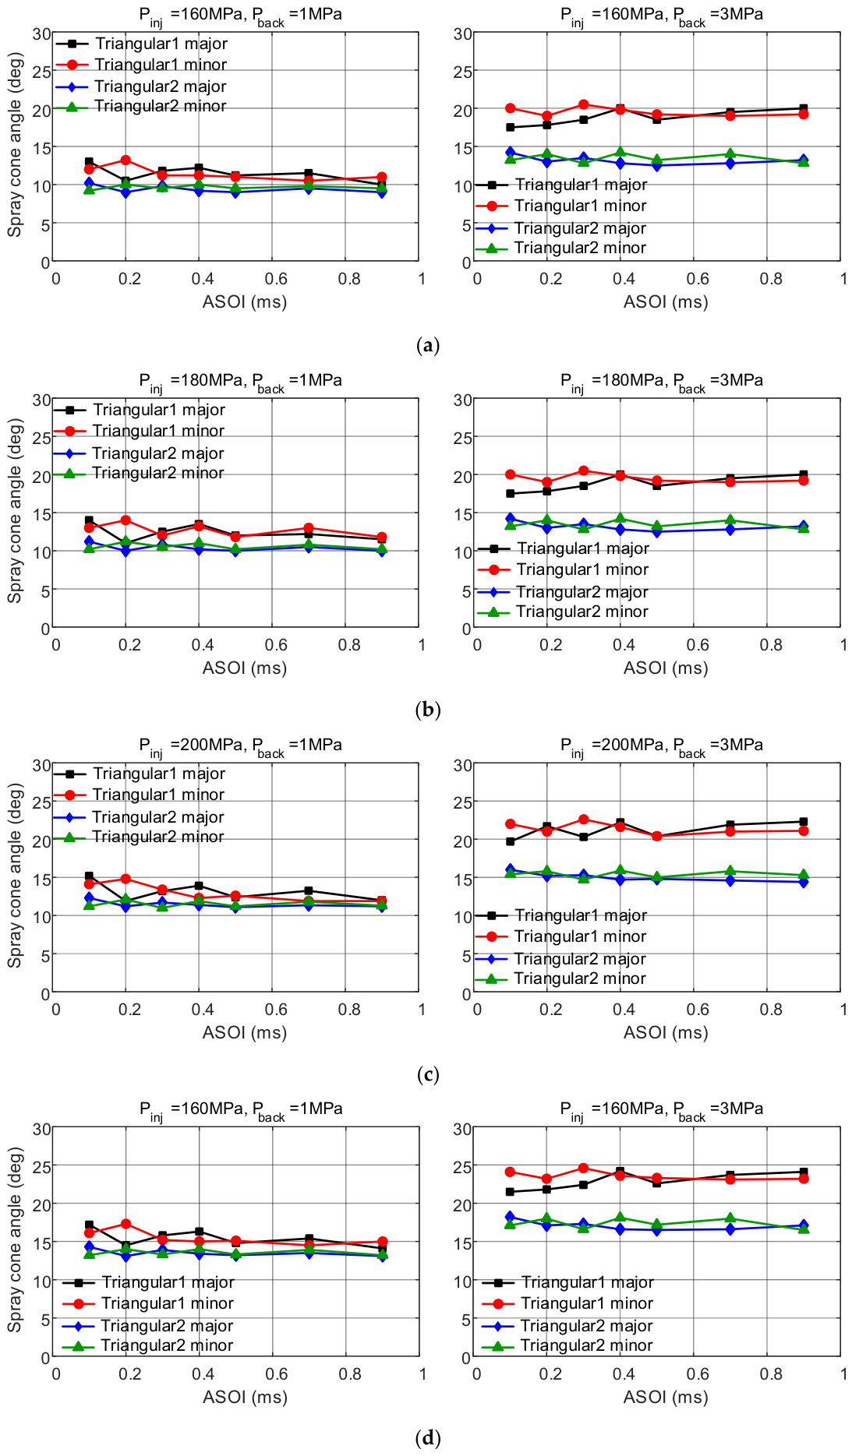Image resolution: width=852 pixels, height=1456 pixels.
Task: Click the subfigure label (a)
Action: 428,345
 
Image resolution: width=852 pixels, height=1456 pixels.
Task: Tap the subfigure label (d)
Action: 428,1437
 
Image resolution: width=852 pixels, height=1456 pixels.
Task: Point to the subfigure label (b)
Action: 428,710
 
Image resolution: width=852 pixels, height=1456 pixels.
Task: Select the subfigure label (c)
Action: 428,1075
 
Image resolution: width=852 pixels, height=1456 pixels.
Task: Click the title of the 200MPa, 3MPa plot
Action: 662,746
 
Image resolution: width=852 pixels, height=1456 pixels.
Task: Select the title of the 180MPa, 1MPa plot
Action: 240,382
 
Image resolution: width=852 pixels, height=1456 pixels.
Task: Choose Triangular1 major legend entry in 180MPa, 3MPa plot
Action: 564,548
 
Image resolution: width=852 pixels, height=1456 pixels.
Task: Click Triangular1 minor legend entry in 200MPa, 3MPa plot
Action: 561,936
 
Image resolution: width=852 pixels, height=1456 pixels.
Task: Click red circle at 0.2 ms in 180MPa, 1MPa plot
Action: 125,520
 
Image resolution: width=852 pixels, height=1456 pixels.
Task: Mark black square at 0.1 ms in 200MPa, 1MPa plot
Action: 89,876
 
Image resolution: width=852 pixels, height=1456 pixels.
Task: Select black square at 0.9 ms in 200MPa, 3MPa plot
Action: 804,822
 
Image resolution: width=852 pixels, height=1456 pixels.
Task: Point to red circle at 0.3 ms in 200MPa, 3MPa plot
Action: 583,820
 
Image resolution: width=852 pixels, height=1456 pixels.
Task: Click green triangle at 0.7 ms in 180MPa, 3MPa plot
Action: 730,520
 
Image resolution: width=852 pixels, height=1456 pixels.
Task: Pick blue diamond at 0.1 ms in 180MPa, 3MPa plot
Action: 511,518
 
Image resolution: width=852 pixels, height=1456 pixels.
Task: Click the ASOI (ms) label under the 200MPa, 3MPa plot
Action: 666,1033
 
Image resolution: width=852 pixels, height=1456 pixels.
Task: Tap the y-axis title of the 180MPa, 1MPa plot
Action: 15,511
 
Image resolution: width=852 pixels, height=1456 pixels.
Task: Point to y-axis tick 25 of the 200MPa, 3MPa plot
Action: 463,802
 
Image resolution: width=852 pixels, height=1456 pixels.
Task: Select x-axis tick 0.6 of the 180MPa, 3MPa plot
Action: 698,645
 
